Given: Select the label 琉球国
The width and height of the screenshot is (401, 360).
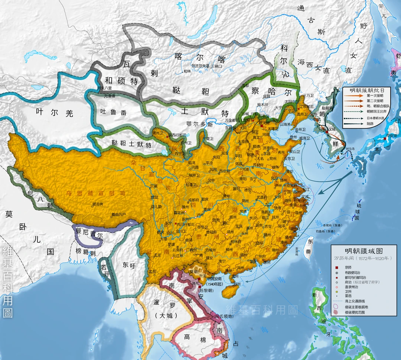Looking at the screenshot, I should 357,212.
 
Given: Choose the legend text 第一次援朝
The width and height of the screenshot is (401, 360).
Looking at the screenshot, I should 375,96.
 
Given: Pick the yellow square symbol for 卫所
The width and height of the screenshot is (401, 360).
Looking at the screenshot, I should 337,291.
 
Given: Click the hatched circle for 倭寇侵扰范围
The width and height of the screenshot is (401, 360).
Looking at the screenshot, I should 337,312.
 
